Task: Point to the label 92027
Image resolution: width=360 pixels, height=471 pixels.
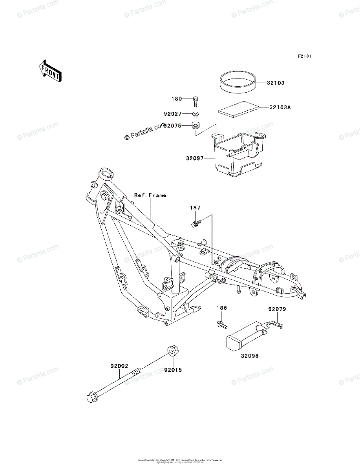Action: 173,115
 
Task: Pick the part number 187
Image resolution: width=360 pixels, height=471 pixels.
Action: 195,207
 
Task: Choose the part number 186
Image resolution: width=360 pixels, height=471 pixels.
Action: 222,308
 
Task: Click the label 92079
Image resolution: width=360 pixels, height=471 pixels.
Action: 277,309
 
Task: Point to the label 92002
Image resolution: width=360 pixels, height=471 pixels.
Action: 119,366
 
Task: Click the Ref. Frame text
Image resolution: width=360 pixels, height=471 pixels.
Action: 150,195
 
